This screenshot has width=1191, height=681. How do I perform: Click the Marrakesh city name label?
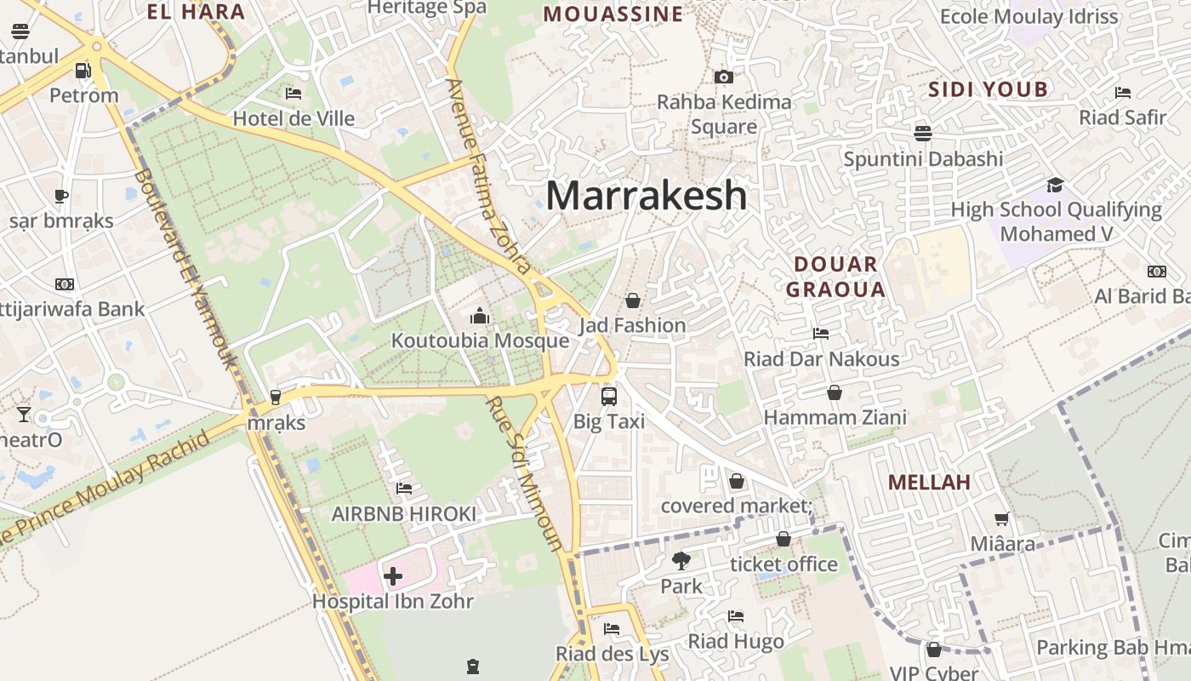(647, 196)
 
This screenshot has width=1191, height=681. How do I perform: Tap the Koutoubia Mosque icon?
(480, 317)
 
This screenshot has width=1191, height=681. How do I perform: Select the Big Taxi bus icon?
(609, 396)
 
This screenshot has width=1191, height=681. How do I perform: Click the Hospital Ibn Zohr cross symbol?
(392, 576)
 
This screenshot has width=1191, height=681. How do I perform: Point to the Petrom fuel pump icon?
(83, 71)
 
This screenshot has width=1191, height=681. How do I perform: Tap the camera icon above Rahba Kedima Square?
(724, 77)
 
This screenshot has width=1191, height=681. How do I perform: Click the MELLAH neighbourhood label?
(929, 483)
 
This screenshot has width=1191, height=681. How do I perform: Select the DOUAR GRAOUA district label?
(835, 277)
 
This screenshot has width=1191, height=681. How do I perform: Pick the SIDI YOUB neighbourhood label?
(988, 89)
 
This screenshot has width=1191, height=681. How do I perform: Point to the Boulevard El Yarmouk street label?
(186, 268)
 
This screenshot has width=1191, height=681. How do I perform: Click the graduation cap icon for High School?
(1055, 186)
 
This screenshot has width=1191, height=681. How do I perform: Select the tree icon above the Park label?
(681, 561)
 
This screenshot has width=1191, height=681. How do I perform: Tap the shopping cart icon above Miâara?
(1003, 518)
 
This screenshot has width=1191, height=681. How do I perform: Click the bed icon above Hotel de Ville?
(293, 94)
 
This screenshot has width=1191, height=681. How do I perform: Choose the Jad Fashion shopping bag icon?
(632, 300)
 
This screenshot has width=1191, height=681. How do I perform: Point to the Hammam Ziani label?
(835, 418)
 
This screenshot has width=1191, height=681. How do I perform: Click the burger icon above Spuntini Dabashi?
(923, 133)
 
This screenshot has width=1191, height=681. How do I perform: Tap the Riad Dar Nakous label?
(821, 359)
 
